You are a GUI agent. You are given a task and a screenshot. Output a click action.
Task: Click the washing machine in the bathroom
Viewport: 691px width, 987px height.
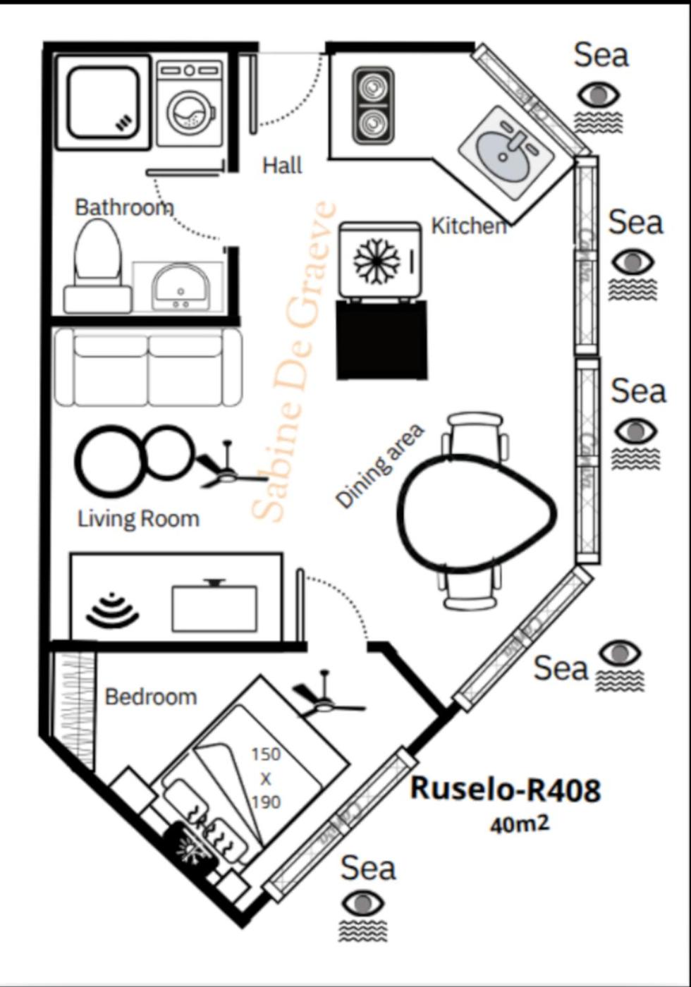[188, 103]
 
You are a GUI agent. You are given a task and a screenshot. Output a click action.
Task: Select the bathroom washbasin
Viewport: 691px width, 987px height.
[180, 286]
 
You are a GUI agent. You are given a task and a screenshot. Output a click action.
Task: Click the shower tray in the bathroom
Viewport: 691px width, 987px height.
[103, 102]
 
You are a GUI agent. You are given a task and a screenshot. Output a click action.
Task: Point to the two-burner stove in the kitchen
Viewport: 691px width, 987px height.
[373, 106]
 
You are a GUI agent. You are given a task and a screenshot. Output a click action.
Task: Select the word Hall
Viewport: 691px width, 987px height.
[282, 166]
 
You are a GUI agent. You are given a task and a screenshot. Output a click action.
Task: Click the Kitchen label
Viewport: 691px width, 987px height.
[468, 226]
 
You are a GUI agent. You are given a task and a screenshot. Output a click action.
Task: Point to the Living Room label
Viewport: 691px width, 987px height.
[138, 519]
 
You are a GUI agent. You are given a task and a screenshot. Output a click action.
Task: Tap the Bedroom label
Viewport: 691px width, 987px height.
[150, 697]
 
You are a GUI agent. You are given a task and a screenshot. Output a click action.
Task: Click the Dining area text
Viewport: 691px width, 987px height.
[380, 465]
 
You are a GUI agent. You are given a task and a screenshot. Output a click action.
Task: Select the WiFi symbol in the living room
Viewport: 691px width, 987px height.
[112, 611]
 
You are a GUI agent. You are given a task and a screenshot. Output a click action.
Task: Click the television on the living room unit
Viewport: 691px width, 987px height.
[214, 607]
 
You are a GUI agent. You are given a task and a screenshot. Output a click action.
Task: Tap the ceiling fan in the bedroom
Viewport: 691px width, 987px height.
[326, 701]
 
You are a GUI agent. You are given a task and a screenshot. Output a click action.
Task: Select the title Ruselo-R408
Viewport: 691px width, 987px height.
[506, 788]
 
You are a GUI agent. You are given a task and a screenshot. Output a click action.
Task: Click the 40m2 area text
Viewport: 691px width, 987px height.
[519, 823]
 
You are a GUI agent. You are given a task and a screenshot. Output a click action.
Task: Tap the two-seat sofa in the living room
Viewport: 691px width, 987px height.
[148, 367]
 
